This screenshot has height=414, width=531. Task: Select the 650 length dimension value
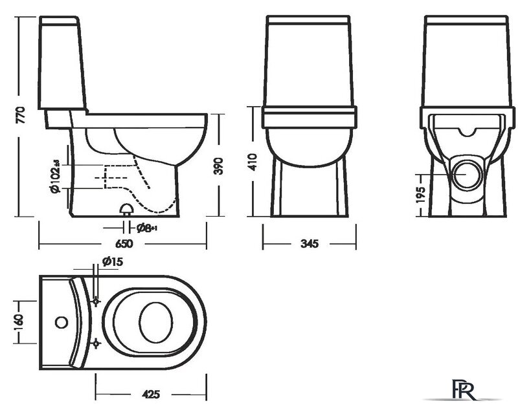click(x=124, y=245)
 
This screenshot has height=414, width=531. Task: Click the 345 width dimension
click(x=309, y=245)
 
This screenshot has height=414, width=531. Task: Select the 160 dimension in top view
click(x=19, y=321)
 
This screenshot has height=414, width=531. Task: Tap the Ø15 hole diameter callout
click(x=112, y=261)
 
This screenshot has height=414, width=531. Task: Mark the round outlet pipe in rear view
click(x=468, y=173)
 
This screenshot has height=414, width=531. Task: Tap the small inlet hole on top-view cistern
click(x=62, y=321)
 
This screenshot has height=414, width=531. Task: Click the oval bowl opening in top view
click(x=156, y=321)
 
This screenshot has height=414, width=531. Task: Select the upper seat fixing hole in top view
click(x=96, y=301)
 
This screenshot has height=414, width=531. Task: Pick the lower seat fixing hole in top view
click(x=96, y=341)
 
